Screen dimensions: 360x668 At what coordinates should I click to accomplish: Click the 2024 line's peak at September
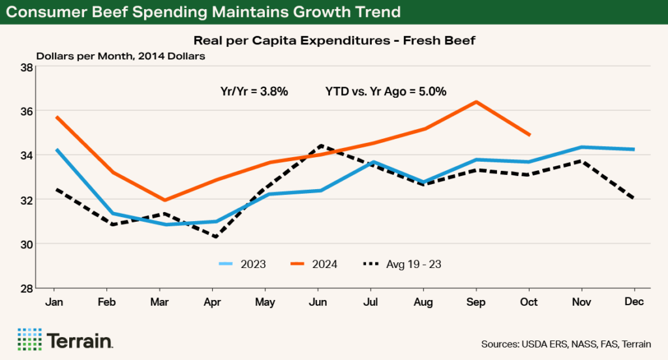[476, 102]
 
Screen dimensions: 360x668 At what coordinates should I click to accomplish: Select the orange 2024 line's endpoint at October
[529, 135]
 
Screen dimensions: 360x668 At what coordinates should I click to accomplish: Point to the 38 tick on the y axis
[27, 67]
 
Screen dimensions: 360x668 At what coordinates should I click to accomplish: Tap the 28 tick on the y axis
[27, 288]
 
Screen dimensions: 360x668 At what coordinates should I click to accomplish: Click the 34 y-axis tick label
[27, 155]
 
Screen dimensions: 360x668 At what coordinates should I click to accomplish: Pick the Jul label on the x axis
[371, 302]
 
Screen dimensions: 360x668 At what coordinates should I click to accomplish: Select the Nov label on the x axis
[581, 302]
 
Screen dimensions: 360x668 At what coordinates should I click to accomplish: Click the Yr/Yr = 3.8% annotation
[254, 92]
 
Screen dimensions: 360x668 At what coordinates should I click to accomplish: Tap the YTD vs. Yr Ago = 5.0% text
[386, 92]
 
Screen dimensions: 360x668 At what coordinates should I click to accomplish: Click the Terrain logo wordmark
[80, 340]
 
